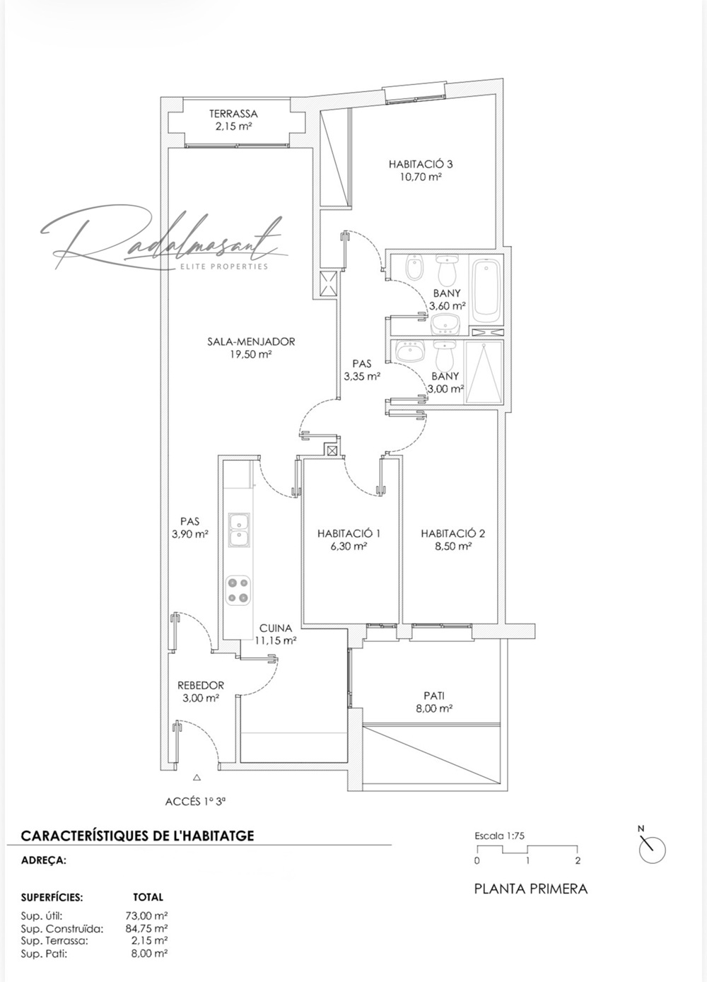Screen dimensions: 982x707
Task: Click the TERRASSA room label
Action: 233,113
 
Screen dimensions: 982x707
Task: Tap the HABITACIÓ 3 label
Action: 421,164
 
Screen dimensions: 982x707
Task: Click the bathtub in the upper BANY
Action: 487,288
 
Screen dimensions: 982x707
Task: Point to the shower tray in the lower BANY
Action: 484,373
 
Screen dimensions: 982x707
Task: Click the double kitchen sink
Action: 238,530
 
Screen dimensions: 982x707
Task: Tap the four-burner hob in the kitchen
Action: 238,590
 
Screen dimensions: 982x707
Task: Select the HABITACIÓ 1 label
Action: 349,533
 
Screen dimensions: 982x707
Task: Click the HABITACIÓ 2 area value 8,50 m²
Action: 453,546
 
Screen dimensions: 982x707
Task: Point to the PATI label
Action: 434,695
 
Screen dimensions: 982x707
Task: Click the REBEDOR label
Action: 200,685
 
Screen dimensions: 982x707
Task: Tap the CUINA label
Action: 275,628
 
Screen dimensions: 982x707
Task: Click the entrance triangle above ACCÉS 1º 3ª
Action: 197,777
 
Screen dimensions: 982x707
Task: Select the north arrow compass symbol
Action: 651,848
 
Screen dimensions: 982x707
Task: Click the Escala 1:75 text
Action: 499,835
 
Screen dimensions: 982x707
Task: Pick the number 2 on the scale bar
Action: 578,860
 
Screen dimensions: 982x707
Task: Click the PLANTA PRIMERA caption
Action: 530,889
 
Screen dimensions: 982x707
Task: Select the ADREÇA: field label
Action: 44,860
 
